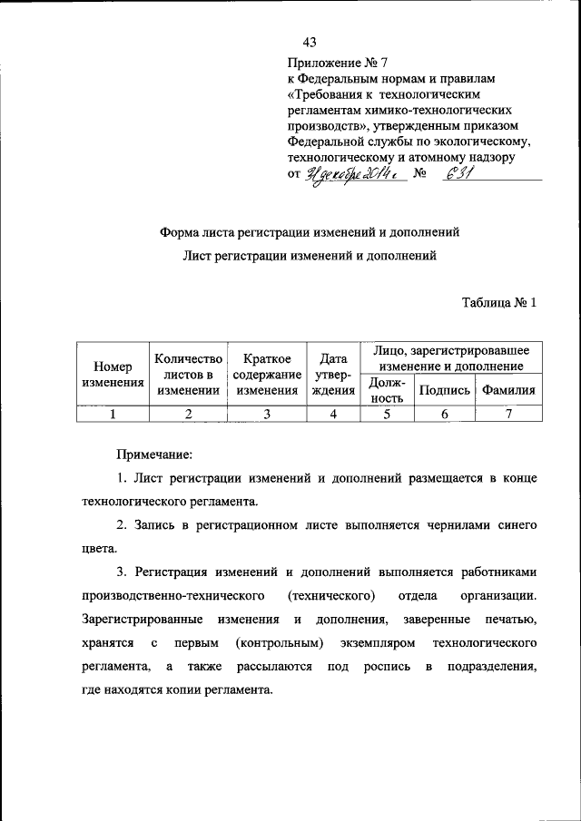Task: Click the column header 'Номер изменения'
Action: click(113, 375)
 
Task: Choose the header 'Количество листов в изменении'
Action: click(188, 375)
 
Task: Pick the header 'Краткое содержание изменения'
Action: click(267, 375)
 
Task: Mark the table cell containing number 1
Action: click(113, 415)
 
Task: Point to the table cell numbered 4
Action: click(333, 415)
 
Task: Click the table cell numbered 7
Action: click(508, 415)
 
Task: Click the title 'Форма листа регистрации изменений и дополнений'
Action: click(310, 232)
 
